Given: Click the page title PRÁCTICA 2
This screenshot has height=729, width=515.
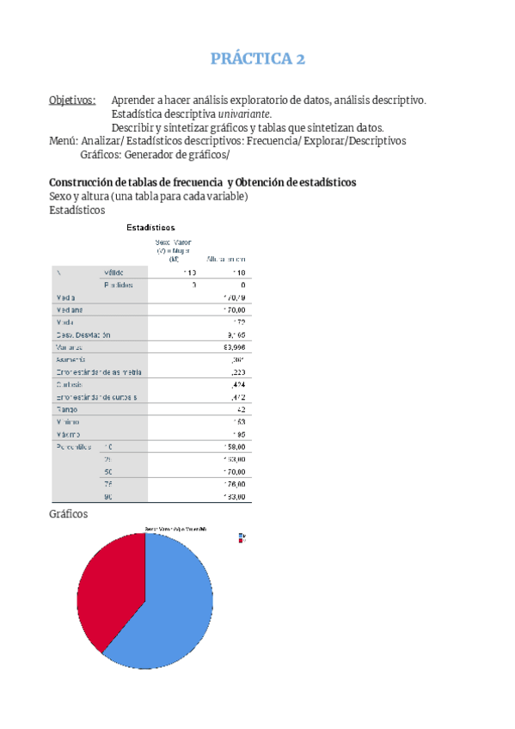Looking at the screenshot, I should point(258,59).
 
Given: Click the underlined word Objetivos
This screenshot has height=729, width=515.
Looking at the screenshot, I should point(71,100).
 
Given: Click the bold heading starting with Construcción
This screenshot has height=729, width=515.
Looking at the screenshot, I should point(203,182).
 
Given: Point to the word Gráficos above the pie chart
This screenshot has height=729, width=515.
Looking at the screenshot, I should point(68,514).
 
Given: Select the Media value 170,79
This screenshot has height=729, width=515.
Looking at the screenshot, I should point(234,297).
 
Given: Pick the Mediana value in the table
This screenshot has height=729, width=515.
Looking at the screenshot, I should point(234,309).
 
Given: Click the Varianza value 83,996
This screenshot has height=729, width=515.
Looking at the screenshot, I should point(234,346).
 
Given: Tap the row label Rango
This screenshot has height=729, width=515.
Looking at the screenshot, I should point(68,409).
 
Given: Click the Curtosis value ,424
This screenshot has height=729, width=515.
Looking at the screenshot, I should point(237,384).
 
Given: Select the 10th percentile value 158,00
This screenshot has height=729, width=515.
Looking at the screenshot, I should point(234,447).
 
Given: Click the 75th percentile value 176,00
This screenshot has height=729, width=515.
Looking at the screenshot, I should point(234,484).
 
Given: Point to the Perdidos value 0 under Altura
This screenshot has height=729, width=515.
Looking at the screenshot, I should point(243,285).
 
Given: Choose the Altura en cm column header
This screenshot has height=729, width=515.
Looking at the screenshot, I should point(226,259).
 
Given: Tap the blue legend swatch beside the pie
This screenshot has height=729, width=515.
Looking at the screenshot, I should point(242,536).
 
